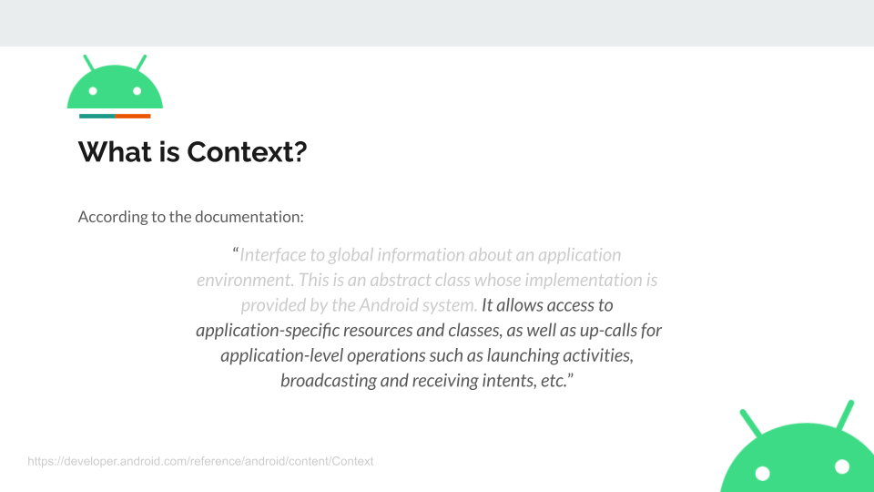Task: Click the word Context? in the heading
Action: (247, 152)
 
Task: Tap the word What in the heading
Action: (115, 152)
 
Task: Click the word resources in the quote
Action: (378, 330)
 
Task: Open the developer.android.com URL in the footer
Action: (200, 461)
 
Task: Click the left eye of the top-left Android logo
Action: (93, 91)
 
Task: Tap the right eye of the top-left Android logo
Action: (137, 91)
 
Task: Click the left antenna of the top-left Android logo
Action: (88, 63)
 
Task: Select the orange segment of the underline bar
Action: (133, 116)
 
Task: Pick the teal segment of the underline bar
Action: (97, 116)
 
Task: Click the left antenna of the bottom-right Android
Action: (750, 422)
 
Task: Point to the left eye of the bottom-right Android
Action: (763, 474)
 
